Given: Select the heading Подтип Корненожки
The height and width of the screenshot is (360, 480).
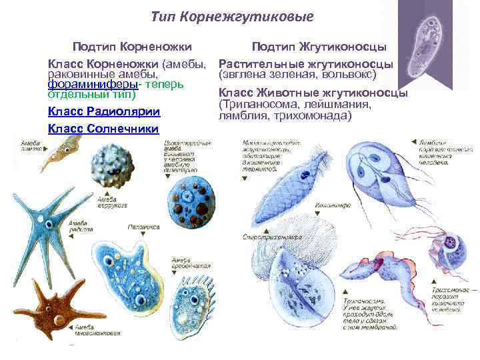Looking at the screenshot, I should point(132,47).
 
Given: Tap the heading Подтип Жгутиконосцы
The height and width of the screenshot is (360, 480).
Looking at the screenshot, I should point(318,47).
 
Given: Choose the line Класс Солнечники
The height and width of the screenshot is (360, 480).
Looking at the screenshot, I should point(103,128).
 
